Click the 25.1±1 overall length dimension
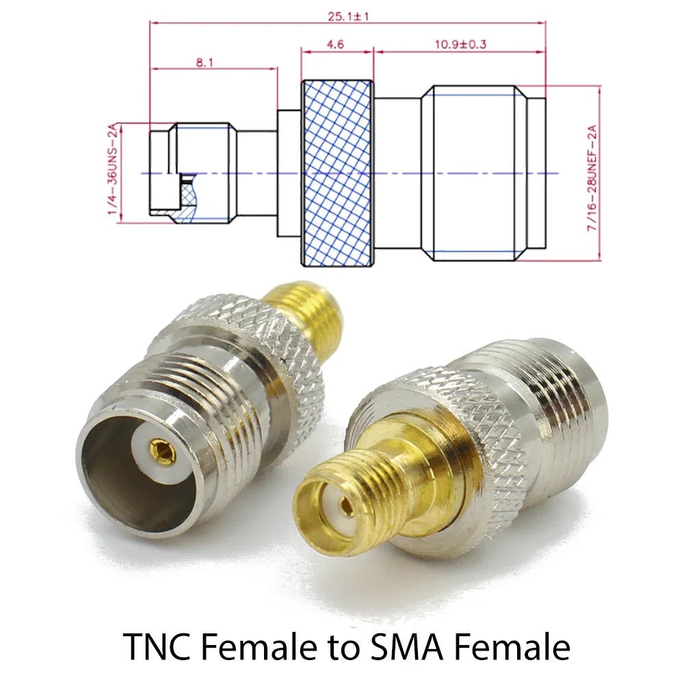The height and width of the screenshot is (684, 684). [x=348, y=16]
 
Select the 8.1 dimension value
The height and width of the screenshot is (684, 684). [x=205, y=62]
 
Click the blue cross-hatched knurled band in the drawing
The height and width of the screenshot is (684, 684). [x=338, y=172]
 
